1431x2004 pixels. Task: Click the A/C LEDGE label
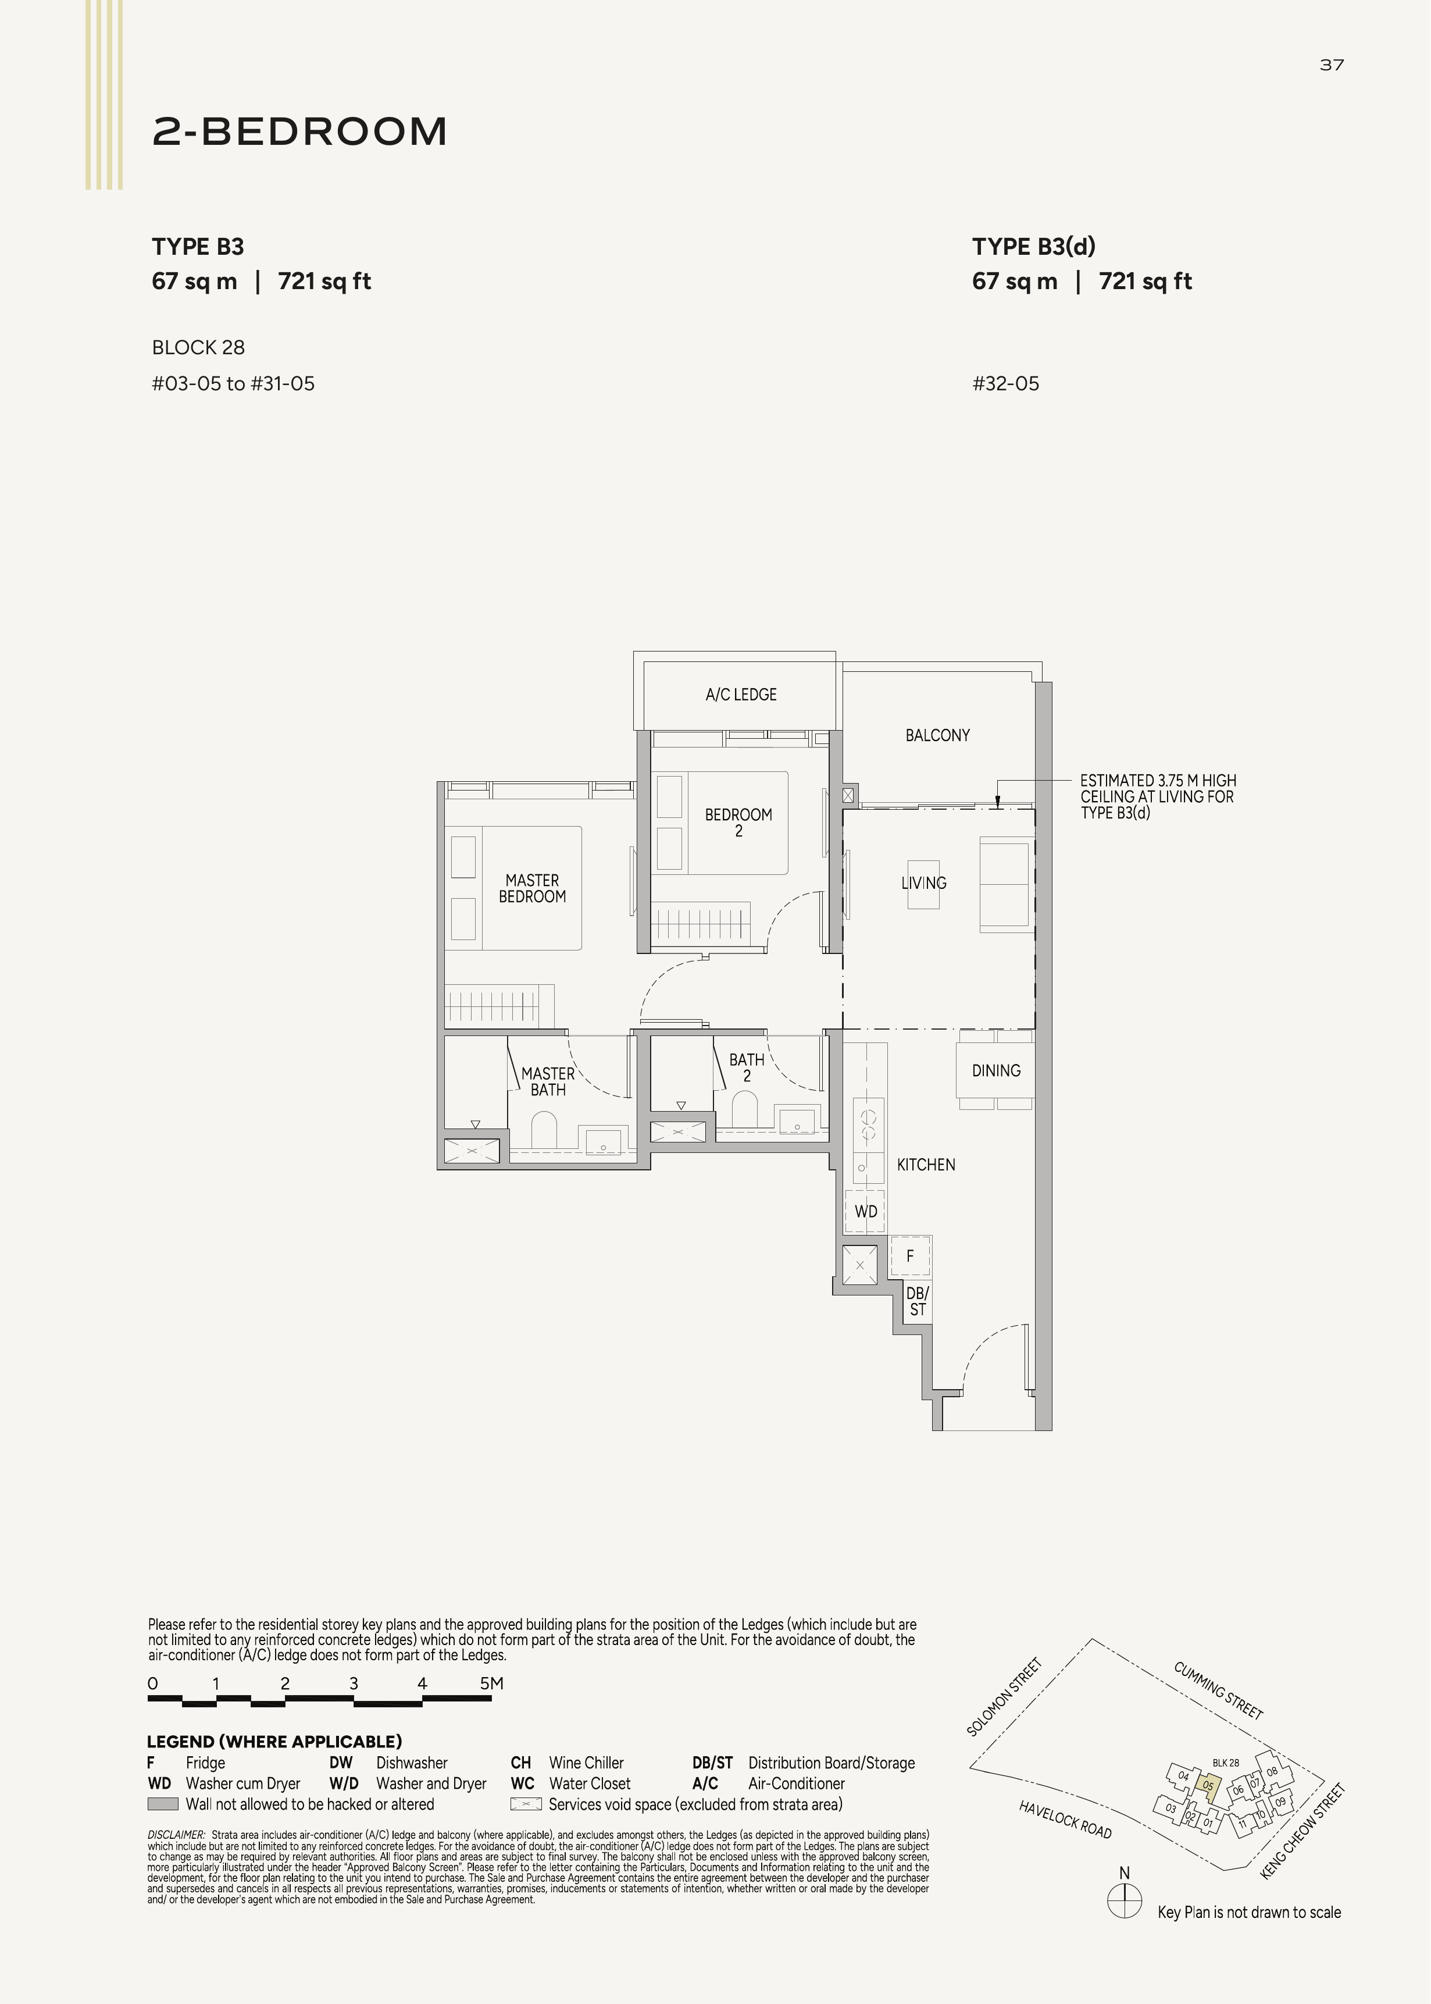pos(741,695)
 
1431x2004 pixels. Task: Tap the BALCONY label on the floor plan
pos(937,735)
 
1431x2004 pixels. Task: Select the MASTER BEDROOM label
pos(532,888)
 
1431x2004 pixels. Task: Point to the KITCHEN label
pos(926,1165)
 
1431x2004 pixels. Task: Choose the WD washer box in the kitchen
pos(866,1212)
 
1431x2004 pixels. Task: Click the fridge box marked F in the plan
pos(910,1256)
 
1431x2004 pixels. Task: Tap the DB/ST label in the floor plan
pos(918,1302)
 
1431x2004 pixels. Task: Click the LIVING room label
pos(923,883)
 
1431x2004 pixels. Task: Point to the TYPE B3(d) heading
pos(1034,247)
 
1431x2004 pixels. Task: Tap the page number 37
pos(1332,65)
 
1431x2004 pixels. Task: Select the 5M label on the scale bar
pos(492,1683)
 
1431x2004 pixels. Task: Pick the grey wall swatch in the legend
pos(163,1804)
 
